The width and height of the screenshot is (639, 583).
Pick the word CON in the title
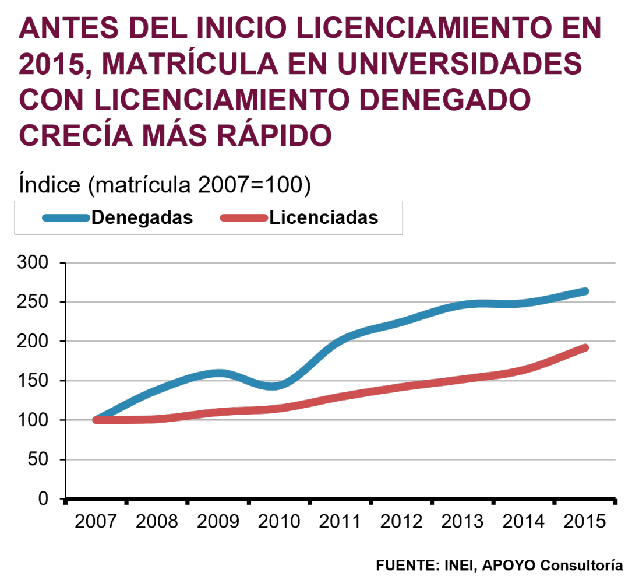pos(51,100)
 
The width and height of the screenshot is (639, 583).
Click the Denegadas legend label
pos(142,217)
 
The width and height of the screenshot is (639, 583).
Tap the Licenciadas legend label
pos(323,217)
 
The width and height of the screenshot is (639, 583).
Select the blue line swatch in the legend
pos(66,218)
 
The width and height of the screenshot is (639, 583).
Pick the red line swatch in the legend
pos(243,218)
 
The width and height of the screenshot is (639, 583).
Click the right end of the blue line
pos(585,291)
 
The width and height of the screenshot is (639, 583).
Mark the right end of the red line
pos(585,348)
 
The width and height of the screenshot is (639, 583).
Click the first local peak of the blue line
pos(218,373)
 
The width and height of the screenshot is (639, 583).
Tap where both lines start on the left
pos(97,420)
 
